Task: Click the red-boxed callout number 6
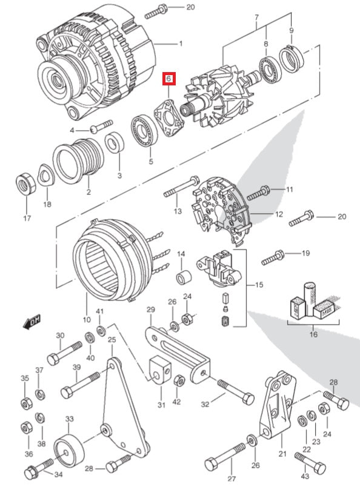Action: [168, 79]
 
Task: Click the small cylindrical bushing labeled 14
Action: [183, 279]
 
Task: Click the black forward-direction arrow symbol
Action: [31, 322]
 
